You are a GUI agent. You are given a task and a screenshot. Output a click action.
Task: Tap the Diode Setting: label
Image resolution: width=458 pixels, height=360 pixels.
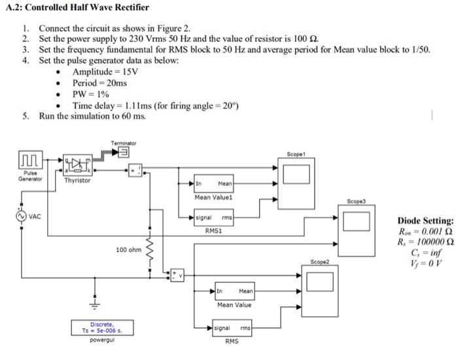[425, 221]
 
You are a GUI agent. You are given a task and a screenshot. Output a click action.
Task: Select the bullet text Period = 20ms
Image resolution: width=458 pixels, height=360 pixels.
[100, 83]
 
